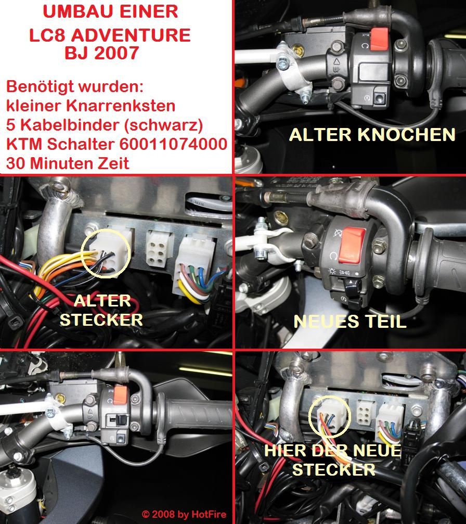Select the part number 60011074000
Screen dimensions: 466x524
coord(173,144)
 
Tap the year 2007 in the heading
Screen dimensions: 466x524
coord(116,53)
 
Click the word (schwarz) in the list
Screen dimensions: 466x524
coord(163,125)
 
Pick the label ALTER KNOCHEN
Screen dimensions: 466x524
coord(372,135)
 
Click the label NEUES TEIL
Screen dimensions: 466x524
coord(349,322)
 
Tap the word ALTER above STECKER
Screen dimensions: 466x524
coord(102,301)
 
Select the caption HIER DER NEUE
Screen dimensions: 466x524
coord(332,451)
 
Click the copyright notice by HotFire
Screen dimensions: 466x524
coord(184,514)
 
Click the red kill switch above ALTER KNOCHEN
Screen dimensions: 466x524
coord(379,39)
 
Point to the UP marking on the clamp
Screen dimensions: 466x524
coord(336,69)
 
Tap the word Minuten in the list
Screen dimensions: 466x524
coord(66,163)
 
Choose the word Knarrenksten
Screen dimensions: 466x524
coord(121,106)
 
